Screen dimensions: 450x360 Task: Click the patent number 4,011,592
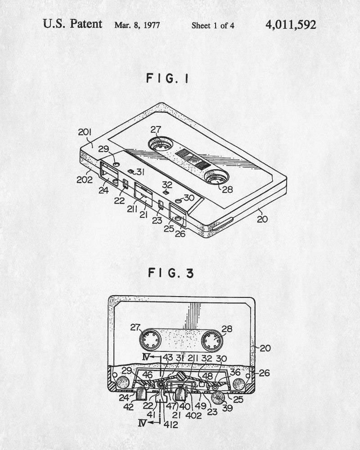(x=290, y=24)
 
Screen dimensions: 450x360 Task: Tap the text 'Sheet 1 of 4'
(x=213, y=25)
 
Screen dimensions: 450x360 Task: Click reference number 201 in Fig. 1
(x=85, y=132)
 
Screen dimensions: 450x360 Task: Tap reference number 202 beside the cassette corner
(x=84, y=179)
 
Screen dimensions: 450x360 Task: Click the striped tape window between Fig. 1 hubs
(x=189, y=161)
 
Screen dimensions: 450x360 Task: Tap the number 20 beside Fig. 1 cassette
(x=262, y=219)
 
